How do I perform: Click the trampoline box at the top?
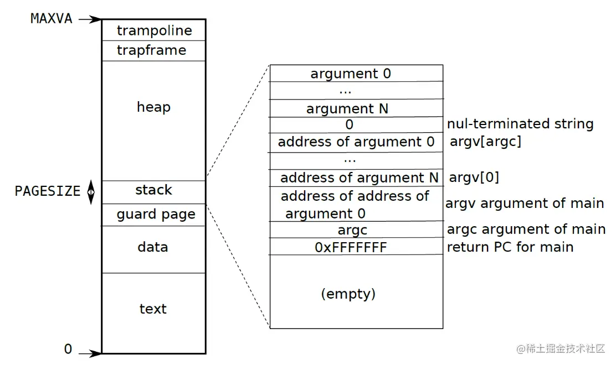[154, 30]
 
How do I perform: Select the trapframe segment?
[151, 51]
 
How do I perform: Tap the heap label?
[153, 107]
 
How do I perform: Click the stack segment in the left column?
[153, 191]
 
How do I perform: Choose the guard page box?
[156, 215]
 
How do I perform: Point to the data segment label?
[153, 247]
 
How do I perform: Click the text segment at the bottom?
[153, 309]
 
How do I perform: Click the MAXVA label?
[51, 18]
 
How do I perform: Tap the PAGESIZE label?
[47, 191]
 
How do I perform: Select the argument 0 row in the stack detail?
[351, 74]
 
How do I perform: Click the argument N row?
[347, 109]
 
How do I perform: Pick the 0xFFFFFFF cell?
[351, 248]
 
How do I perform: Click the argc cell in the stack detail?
[352, 230]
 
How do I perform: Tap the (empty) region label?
[348, 294]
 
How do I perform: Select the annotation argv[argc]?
[485, 142]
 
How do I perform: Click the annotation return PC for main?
[510, 247]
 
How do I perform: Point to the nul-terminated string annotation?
[520, 124]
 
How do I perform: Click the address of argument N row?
[359, 178]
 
